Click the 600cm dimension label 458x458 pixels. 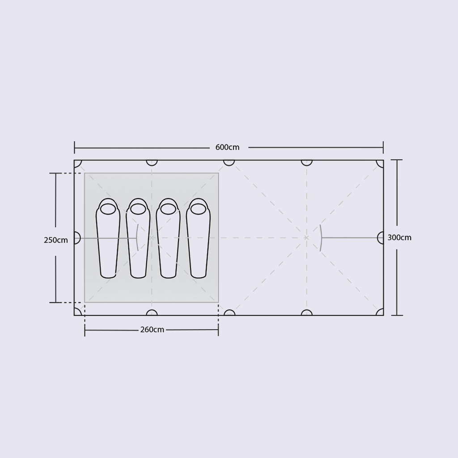[x=227, y=147]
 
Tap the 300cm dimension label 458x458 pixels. [x=399, y=237]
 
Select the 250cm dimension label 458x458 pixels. [x=55, y=240]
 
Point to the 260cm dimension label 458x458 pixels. [x=152, y=330]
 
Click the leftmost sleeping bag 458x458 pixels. [x=108, y=238]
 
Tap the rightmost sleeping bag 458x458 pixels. [x=198, y=238]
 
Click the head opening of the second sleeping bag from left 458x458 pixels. [x=138, y=209]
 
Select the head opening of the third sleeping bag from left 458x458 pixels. [x=168, y=209]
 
